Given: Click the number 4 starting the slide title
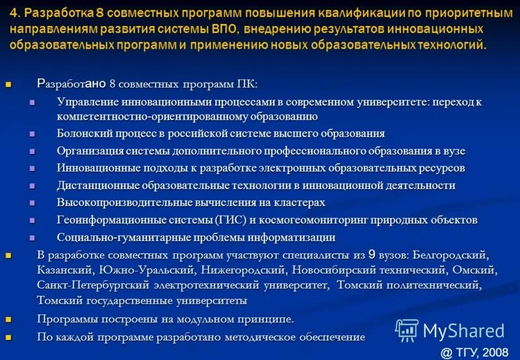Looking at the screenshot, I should pyautogui.click(x=14, y=14).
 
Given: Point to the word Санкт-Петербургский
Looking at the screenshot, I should pyautogui.click(x=93, y=285).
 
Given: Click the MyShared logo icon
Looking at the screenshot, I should pyautogui.click(x=407, y=331).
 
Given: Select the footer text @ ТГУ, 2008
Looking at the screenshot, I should pyautogui.click(x=474, y=352).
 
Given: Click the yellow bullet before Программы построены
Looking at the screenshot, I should pyautogui.click(x=8, y=320).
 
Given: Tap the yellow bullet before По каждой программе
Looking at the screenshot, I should pyautogui.click(x=8, y=337).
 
